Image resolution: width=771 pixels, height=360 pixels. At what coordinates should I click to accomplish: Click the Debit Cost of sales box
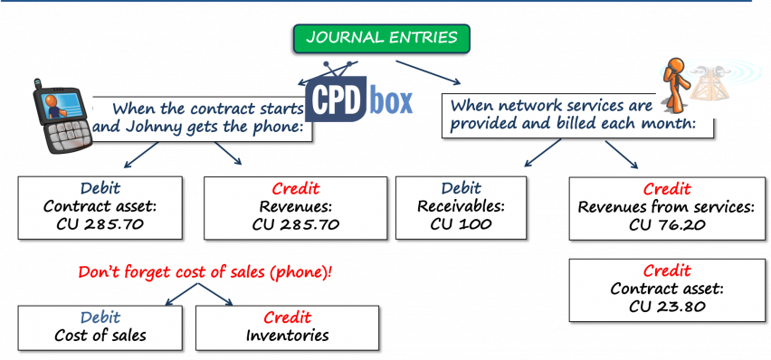tap(100, 327)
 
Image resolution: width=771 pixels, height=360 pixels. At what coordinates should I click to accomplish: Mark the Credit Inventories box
tap(287, 327)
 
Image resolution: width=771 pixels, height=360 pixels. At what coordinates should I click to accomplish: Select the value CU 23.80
tap(668, 307)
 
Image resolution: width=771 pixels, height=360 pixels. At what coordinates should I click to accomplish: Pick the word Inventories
tap(287, 336)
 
